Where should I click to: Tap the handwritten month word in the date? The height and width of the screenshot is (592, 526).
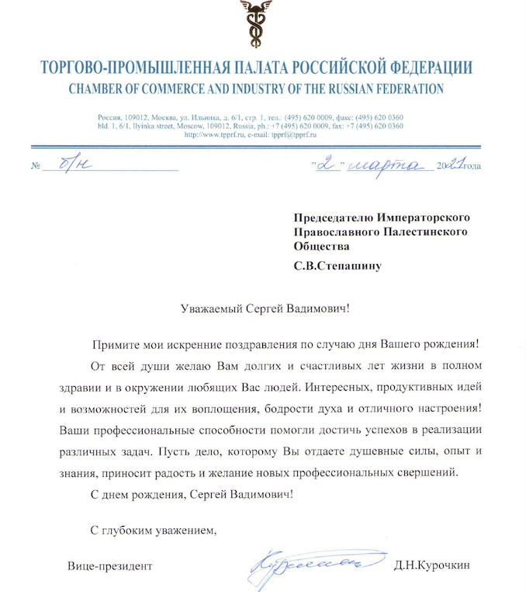[x=386, y=164]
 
